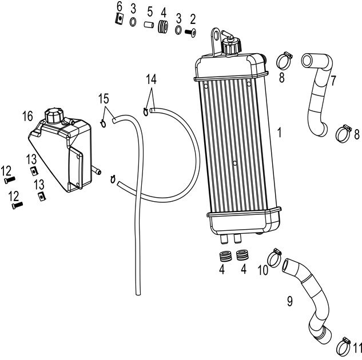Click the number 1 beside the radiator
pyautogui.click(x=279, y=132)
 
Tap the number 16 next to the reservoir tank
pyautogui.click(x=27, y=117)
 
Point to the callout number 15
pyautogui.click(x=103, y=98)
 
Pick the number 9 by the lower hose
pyautogui.click(x=289, y=299)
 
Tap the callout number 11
pyautogui.click(x=357, y=347)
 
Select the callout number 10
pyautogui.click(x=263, y=270)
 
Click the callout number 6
pyautogui.click(x=119, y=6)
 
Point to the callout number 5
pyautogui.click(x=149, y=11)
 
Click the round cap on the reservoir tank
pyautogui.click(x=54, y=114)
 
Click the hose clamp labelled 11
pyautogui.click(x=344, y=343)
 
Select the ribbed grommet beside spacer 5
pyautogui.click(x=163, y=26)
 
